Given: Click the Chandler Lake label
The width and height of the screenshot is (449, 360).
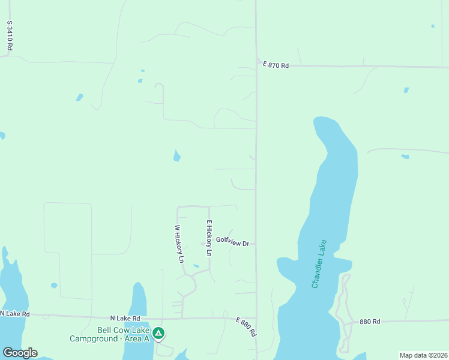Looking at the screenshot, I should pos(319,265).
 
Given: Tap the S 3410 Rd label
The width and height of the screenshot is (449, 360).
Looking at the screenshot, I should pos(10,35).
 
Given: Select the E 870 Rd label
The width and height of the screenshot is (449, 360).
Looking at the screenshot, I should pos(276,65).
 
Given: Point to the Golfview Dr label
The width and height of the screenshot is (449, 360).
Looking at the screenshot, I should pos(232,240).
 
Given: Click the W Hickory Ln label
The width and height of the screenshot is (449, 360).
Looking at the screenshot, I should pos(178,244).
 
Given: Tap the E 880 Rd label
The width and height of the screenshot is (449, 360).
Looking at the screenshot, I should pos(246,327).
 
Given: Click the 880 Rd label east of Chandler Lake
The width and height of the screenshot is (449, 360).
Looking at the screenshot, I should pos(370,322).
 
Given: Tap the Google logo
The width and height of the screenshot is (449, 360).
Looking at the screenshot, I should pos(20,353).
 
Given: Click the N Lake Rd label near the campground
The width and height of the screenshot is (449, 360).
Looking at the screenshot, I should pos(125,319).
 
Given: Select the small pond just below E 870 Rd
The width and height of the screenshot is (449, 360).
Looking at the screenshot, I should pos(406,90).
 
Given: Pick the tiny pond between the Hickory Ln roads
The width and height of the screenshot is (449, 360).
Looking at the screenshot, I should pos(196,266).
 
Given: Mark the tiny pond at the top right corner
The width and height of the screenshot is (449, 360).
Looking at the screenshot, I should pos(433,26).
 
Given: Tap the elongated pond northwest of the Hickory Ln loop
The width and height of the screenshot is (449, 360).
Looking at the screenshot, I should pos(176,155).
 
